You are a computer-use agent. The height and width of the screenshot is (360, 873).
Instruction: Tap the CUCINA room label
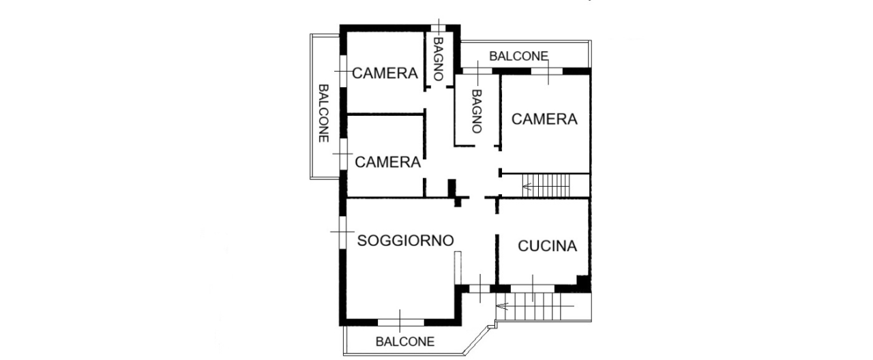[x=547, y=246]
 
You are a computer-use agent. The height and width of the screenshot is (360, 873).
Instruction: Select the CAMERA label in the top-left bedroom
[x=385, y=73]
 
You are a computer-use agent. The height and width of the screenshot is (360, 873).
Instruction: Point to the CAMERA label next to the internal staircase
[x=544, y=119]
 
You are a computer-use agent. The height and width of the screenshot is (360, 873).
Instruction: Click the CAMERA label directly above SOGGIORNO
[x=387, y=162]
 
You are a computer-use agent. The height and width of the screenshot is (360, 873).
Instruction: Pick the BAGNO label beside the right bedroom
[x=476, y=110]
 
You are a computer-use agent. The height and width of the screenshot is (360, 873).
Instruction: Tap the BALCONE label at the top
[x=518, y=57]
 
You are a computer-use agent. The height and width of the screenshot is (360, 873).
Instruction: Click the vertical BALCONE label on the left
[x=325, y=112]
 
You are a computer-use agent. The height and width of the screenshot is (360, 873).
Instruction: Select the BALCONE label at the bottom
[x=405, y=342]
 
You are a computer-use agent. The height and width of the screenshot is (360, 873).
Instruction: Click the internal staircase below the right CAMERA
[x=546, y=185]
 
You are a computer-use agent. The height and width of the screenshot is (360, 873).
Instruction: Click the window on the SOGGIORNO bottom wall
[x=401, y=320]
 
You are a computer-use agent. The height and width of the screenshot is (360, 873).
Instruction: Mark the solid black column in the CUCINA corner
[x=582, y=281]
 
